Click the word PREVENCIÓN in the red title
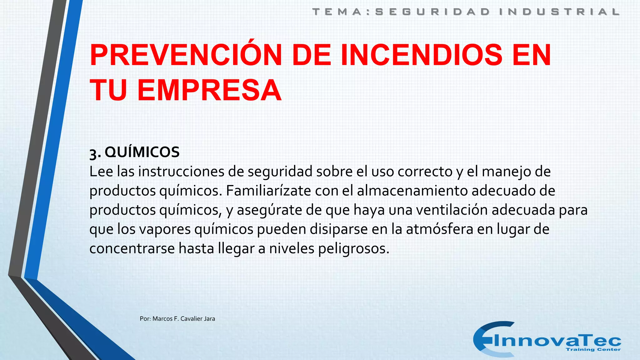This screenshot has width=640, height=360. click(x=186, y=55)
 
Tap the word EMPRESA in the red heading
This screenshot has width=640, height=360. click(x=209, y=91)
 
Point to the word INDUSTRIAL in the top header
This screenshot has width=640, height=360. click(x=559, y=12)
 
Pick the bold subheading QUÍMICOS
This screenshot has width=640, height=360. click(x=142, y=152)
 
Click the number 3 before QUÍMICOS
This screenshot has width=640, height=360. click(x=93, y=153)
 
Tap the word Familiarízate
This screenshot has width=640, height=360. click(x=268, y=191)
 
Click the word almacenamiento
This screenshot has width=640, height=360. click(x=412, y=191)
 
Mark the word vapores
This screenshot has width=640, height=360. click(x=165, y=229)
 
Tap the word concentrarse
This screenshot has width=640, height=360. click(x=132, y=249)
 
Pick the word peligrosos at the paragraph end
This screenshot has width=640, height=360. click(x=354, y=249)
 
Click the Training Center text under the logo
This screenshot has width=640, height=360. click(x=593, y=349)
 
